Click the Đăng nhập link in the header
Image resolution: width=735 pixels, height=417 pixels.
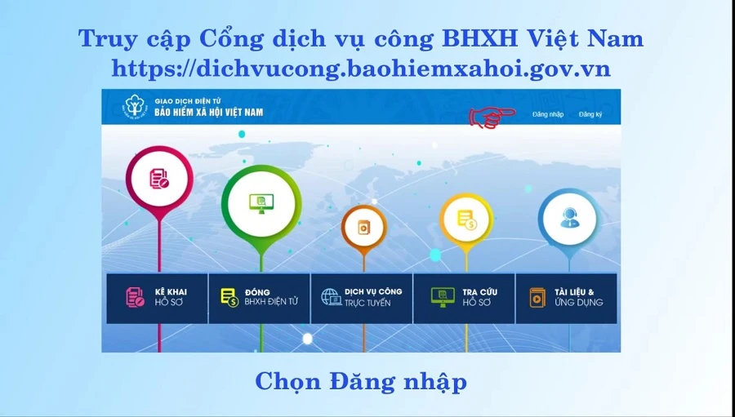(x=547, y=115)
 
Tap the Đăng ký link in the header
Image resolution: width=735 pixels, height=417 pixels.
(x=590, y=115)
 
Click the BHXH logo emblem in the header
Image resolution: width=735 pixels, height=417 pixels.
(x=136, y=107)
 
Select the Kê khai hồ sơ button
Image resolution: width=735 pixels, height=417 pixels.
(x=157, y=299)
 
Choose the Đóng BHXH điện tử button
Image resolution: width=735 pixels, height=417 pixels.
(x=259, y=299)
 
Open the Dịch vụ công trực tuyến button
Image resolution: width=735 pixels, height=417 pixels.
(x=362, y=299)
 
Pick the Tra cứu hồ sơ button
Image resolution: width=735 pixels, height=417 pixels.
(x=464, y=299)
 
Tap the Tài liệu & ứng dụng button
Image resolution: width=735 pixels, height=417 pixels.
(x=566, y=299)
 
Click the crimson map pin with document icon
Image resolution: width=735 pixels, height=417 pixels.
(x=159, y=180)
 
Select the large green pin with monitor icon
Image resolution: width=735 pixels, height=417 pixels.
(x=261, y=204)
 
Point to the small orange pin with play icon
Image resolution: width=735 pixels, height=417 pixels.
(x=363, y=228)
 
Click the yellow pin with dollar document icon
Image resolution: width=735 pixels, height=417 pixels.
(x=466, y=220)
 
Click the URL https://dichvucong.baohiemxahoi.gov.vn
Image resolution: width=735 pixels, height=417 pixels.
(x=361, y=69)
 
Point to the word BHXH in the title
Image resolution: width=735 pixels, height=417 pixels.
(x=479, y=39)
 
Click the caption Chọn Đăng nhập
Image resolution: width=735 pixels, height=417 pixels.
(x=361, y=382)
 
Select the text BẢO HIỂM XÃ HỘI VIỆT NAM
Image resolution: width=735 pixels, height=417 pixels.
(x=208, y=113)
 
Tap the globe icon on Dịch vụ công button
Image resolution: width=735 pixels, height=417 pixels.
(x=331, y=297)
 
